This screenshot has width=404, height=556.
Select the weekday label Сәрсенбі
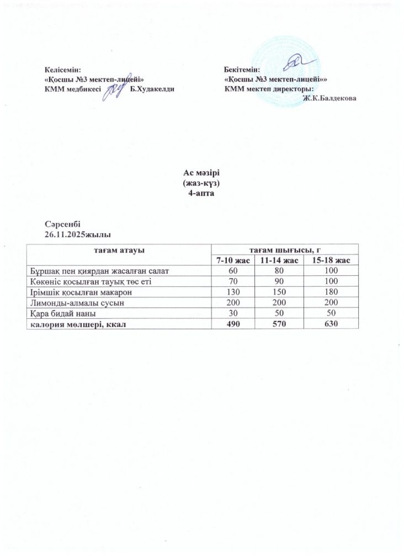pos(62,224)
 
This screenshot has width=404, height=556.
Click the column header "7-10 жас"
pos(232,260)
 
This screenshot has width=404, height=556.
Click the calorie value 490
pos(232,324)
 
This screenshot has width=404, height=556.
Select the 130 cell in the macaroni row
pos(232,292)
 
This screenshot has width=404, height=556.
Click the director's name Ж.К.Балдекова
pos(329,98)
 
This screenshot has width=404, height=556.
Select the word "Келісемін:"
pos(62,71)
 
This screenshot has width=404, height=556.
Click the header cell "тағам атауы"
pos(120,250)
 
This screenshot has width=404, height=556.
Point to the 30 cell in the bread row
pos(232,314)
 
